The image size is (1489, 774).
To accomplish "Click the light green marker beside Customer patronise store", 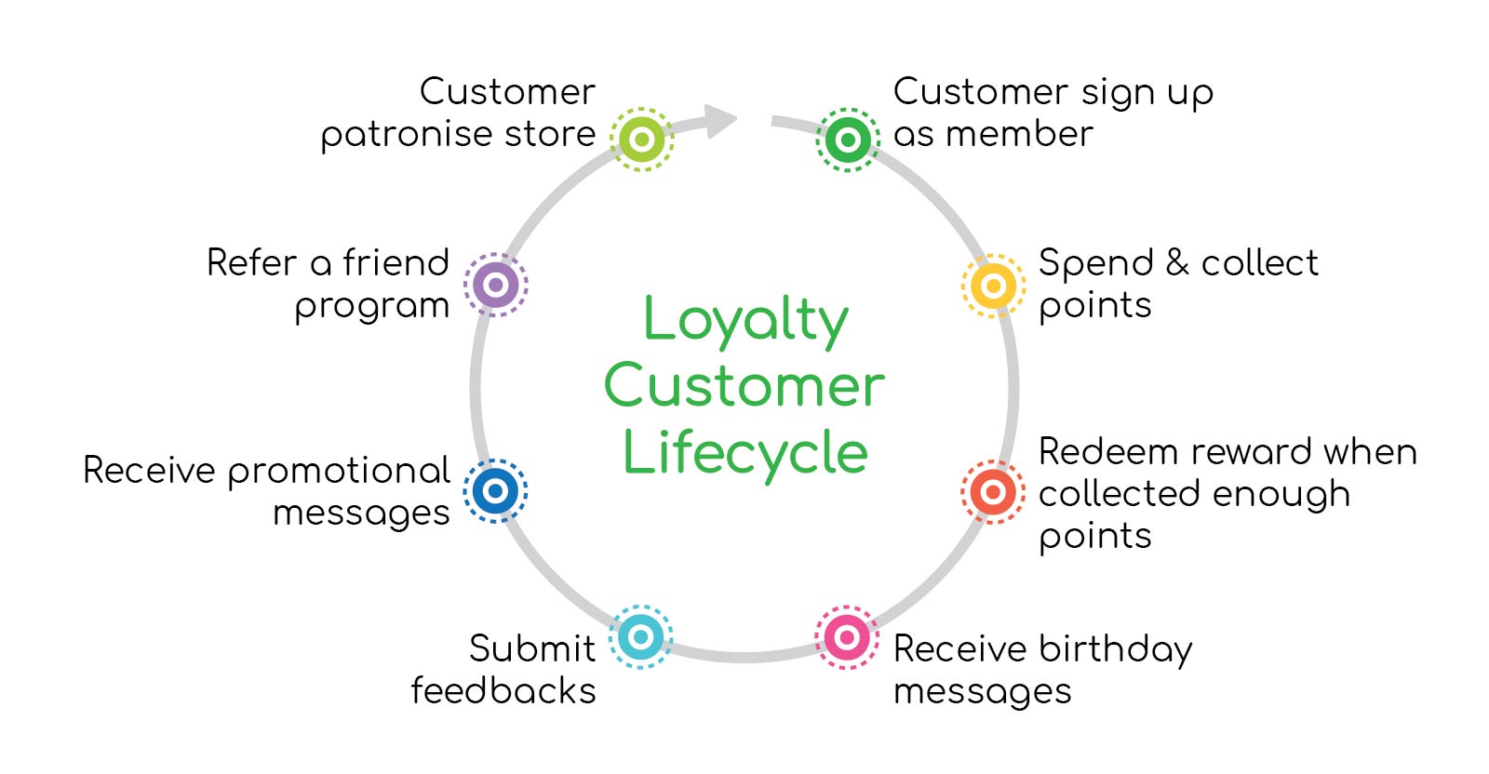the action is pos(641,139).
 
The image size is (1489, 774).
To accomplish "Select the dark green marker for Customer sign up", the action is pos(848,140).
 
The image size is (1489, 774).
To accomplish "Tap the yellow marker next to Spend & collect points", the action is pos(993,286).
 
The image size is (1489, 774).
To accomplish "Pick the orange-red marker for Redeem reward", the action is pos(993,491).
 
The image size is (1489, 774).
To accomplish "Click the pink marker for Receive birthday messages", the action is pos(847,637).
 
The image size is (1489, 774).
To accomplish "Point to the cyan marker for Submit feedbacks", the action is pos(641,637).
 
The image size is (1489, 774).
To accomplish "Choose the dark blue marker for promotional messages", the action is pos(495,491).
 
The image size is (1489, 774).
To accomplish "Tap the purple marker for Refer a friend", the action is pos(495,285).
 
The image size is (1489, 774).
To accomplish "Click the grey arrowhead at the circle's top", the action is pos(720,120).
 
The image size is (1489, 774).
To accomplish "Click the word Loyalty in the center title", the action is pos(745,322).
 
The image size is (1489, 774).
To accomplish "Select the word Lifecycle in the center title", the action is pos(745,454).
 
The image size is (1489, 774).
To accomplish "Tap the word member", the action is pos(1019,134).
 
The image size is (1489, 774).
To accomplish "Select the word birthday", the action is pos(1116,650).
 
